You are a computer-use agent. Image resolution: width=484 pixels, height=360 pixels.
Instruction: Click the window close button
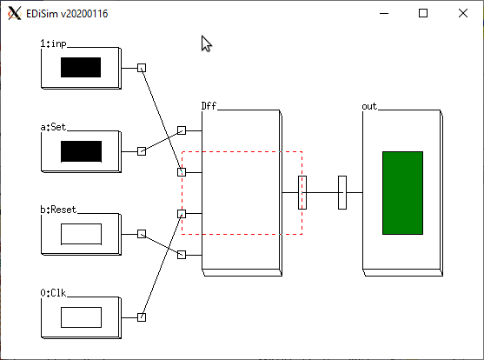tap(463, 13)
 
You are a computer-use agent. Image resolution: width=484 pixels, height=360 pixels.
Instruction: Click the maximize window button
tap(423, 13)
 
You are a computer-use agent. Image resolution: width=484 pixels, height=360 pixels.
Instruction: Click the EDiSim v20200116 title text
tap(67, 14)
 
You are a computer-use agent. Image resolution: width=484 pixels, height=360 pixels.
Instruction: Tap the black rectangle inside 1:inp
tap(81, 67)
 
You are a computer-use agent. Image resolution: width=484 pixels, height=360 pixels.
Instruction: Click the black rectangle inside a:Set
tap(81, 151)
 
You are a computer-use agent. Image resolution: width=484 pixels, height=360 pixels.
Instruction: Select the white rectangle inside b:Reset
tap(81, 234)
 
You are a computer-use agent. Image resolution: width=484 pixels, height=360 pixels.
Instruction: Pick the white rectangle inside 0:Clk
tap(81, 317)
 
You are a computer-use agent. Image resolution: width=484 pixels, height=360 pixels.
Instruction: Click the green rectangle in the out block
tap(403, 193)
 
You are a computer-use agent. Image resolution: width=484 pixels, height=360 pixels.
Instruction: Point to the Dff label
tap(209, 106)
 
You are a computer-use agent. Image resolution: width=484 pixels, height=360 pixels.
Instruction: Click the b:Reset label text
tap(58, 210)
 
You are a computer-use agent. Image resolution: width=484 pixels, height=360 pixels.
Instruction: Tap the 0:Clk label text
tap(53, 293)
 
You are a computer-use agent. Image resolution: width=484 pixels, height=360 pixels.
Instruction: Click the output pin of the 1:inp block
tap(142, 68)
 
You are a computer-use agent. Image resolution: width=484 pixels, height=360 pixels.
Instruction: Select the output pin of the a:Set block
tap(142, 151)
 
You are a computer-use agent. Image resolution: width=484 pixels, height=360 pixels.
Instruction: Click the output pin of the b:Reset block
tap(142, 234)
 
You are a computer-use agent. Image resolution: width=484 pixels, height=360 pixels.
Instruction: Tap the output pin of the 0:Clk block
tap(142, 317)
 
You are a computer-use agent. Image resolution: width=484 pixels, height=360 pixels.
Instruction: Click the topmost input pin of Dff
tap(182, 130)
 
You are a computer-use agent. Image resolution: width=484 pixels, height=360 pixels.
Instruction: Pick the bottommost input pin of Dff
tap(182, 255)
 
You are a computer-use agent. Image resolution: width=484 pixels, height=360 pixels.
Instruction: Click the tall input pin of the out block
tap(342, 192)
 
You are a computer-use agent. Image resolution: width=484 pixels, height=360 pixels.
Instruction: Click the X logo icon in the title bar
tap(15, 14)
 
